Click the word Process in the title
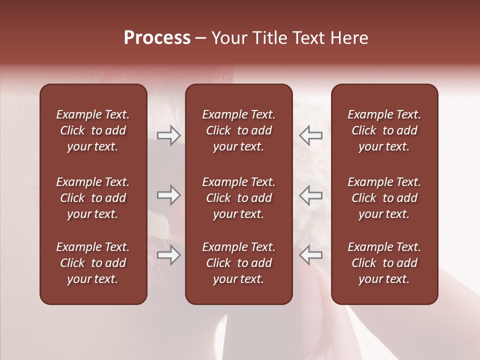pyautogui.click(x=157, y=38)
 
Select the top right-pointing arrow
pyautogui.click(x=168, y=135)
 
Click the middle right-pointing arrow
pyautogui.click(x=168, y=195)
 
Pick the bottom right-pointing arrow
pyautogui.click(x=168, y=255)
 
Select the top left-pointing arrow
pyautogui.click(x=311, y=135)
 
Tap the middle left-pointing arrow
pyautogui.click(x=311, y=195)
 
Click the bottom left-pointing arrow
pyautogui.click(x=311, y=255)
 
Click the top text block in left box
pyautogui.click(x=93, y=130)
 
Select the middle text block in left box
pyautogui.click(x=93, y=198)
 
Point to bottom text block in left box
pyautogui.click(x=93, y=263)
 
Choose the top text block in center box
pyautogui.click(x=239, y=130)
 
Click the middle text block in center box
pyautogui.click(x=239, y=198)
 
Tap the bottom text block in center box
pyautogui.click(x=239, y=263)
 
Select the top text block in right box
pyautogui.click(x=384, y=130)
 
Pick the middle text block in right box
pyautogui.click(x=384, y=198)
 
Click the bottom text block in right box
pyautogui.click(x=384, y=263)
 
